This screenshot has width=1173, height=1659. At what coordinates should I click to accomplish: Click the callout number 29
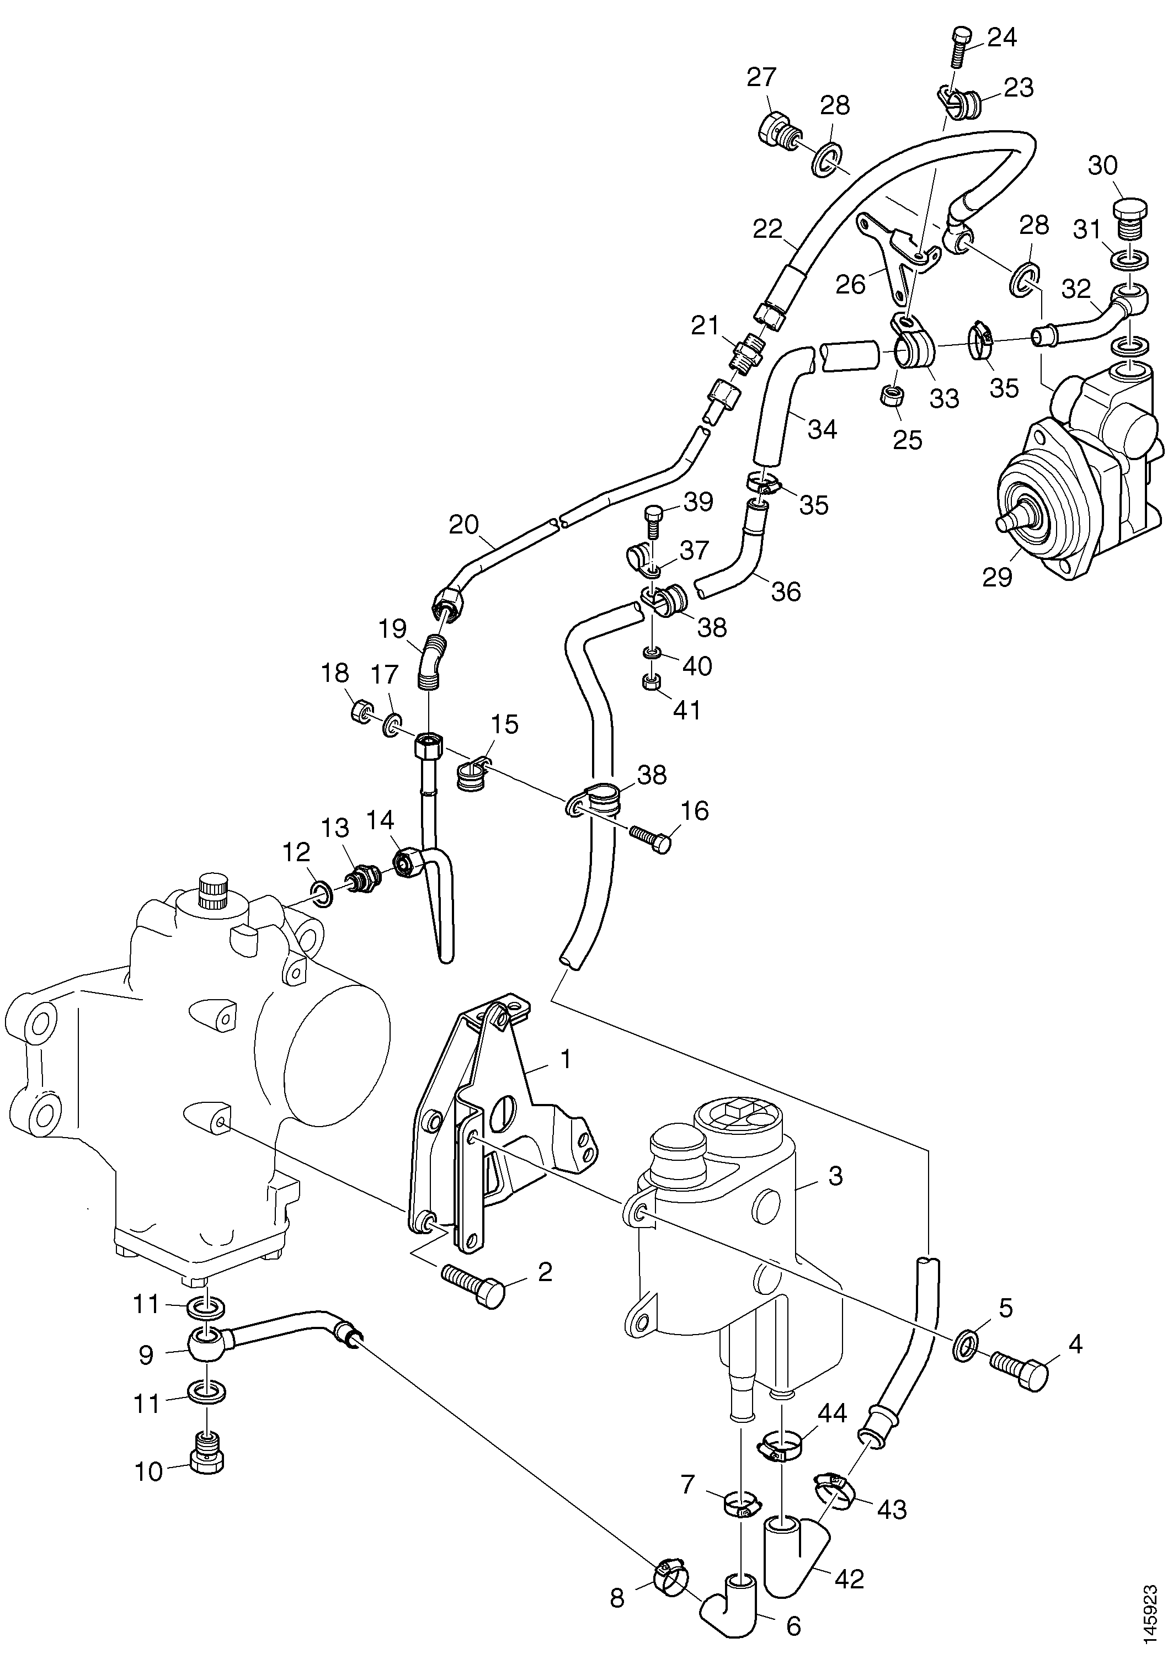click(998, 578)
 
